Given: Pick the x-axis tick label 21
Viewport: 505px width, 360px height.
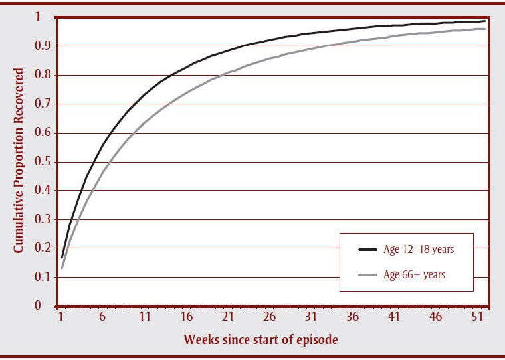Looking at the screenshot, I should [228, 318].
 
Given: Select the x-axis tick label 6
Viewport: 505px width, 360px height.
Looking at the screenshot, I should [102, 318].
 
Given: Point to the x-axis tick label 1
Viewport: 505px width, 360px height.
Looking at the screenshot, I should [60, 318].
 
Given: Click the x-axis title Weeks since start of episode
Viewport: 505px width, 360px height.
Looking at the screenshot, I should [261, 340].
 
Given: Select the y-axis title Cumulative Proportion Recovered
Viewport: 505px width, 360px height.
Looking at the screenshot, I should [19, 161].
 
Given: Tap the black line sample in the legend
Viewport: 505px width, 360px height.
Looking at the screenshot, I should [367, 250].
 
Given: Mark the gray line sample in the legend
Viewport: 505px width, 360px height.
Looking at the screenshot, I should [367, 274].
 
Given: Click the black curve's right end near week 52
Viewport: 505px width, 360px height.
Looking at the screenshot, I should [486, 21].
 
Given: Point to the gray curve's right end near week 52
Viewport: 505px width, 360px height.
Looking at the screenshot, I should [486, 29].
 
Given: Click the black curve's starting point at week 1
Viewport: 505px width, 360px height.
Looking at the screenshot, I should [62, 257].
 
